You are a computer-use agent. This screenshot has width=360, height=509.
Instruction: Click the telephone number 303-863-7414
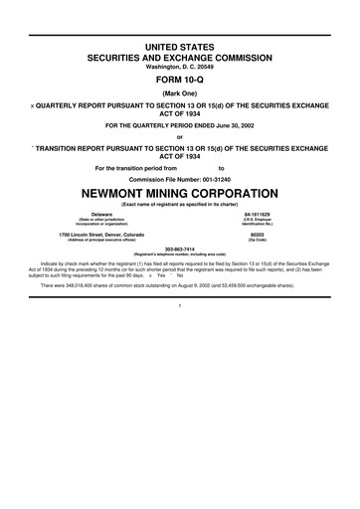[x=180, y=249]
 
